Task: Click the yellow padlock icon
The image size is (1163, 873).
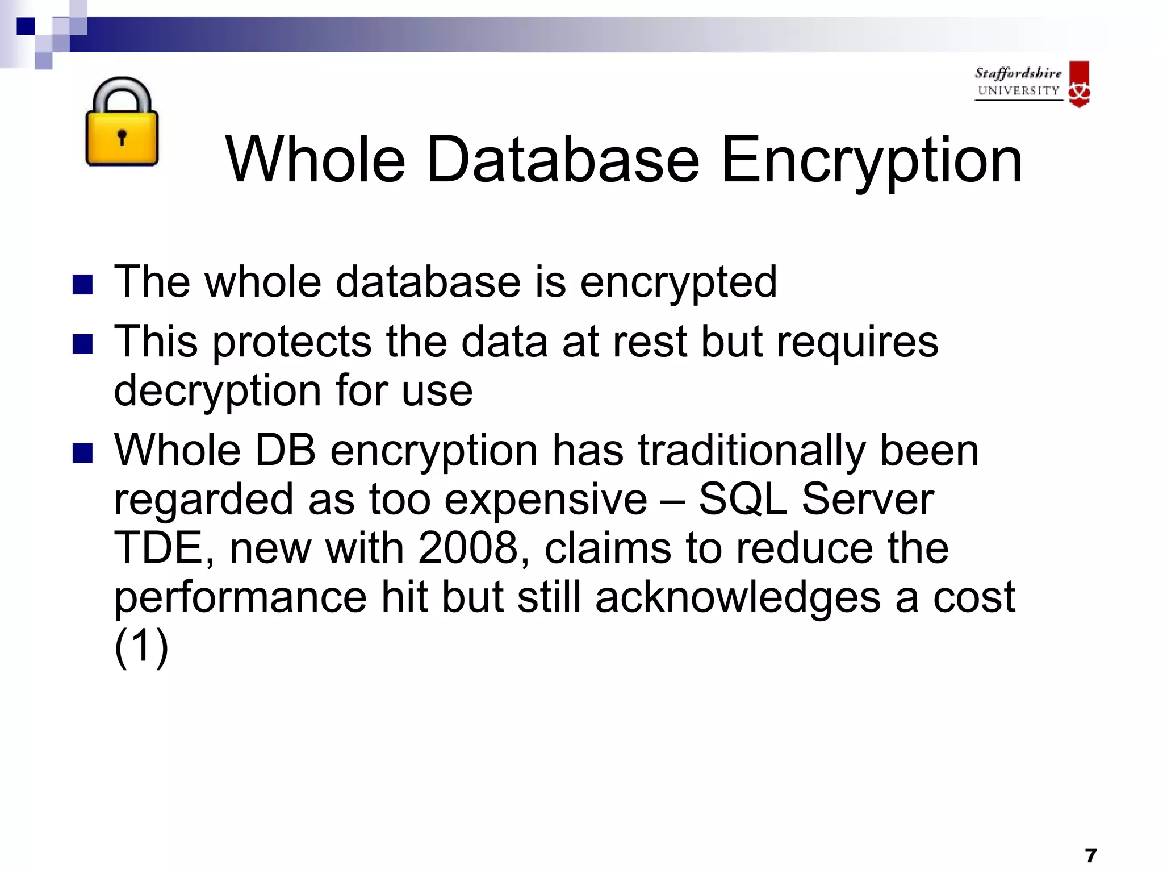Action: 122,123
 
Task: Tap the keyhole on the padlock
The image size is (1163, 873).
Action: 122,137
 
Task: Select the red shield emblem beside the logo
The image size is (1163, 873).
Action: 1079,84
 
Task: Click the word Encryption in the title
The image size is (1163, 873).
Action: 871,160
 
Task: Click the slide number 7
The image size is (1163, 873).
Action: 1090,855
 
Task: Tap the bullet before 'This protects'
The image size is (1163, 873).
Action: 83,344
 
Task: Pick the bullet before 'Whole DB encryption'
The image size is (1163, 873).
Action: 83,453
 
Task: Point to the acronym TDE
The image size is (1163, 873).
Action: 160,548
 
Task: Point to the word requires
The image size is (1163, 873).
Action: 857,343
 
